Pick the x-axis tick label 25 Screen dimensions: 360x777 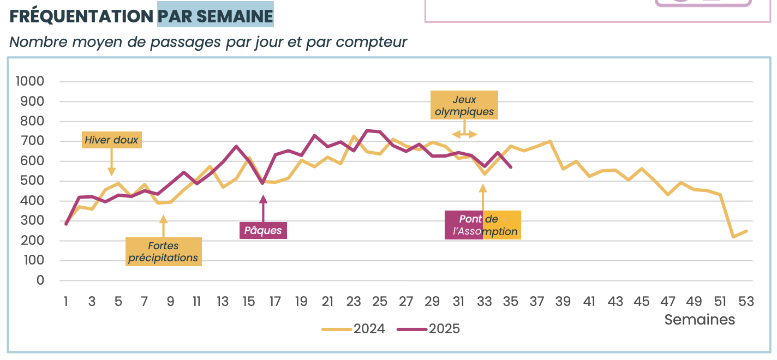click(380, 301)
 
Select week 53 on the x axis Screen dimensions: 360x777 click(746, 301)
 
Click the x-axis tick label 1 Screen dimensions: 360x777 click(66, 301)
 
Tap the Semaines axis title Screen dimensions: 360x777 click(700, 320)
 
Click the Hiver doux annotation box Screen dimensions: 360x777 click(112, 140)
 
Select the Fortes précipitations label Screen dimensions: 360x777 click(163, 252)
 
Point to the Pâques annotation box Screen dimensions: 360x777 click(263, 230)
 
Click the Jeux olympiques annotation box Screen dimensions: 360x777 click(464, 106)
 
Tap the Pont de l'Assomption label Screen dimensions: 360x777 click(483, 225)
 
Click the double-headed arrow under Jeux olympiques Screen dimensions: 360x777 click(464, 135)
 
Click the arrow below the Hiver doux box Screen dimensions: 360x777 click(112, 162)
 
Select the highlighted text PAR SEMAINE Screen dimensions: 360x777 click(216, 16)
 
